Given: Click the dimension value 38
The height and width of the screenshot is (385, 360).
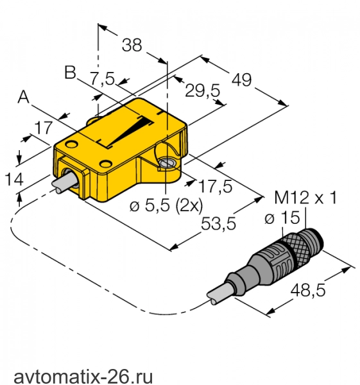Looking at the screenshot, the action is point(132,45).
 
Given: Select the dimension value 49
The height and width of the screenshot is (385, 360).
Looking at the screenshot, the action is point(242,80).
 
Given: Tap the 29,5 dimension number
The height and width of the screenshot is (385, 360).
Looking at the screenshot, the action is point(202,90).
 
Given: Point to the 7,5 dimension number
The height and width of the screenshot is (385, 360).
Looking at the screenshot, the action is point(103,78).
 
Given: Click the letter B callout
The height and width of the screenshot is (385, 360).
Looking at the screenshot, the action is point(70,73).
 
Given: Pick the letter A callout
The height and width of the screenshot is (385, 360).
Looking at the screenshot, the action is point(24,96).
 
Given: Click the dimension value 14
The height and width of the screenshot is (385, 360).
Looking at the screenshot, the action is point(14,179).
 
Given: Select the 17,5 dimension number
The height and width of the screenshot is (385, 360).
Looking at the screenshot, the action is point(216,186).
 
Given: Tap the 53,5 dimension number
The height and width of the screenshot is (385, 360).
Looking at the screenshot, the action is point(218,223).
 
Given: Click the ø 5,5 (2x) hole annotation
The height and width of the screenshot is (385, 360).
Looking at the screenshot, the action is point(166,205).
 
